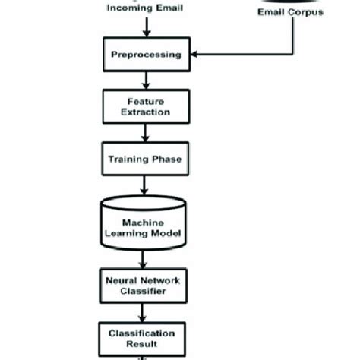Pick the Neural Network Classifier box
click(x=143, y=285)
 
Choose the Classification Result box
click(x=143, y=338)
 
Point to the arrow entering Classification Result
click(x=143, y=312)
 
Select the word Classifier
click(x=143, y=291)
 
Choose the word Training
click(x=129, y=159)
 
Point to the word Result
click(x=143, y=344)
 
